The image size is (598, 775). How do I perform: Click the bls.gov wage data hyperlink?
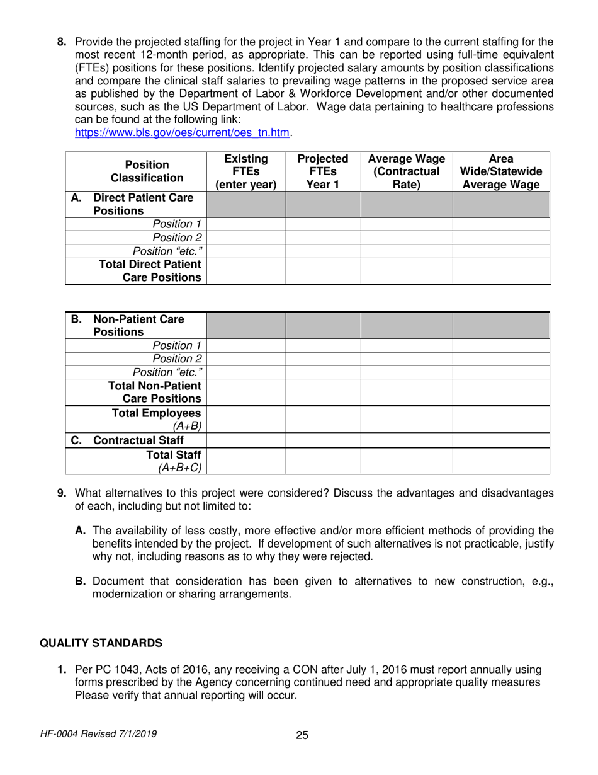[x=183, y=133]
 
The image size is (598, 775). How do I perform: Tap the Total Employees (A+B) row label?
[x=156, y=420]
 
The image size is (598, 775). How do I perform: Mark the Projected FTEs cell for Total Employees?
[x=323, y=420]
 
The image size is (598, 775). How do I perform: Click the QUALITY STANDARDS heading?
[x=101, y=643]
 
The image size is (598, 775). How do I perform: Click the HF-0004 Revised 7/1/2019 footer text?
[x=98, y=733]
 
